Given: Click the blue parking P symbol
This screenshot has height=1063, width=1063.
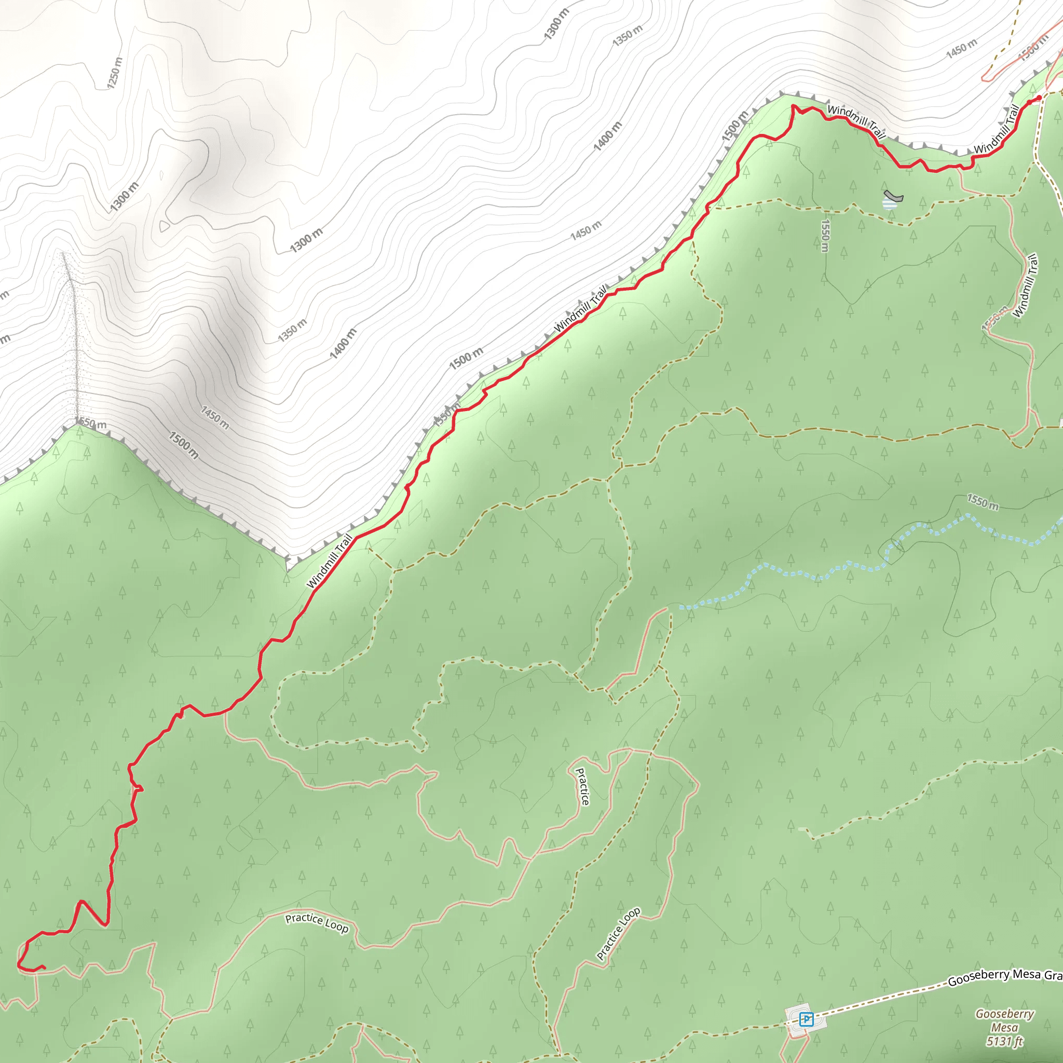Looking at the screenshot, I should click(x=807, y=1019).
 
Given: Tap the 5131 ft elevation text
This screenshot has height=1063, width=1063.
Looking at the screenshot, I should click(x=1005, y=1041).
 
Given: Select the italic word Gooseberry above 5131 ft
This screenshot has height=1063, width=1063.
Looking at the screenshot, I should click(x=1005, y=1014).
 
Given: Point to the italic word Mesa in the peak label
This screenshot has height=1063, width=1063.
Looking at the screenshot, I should click(x=1005, y=1027).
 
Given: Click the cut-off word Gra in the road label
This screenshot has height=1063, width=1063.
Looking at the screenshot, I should click(x=1053, y=974).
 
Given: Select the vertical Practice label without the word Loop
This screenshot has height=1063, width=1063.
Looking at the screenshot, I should click(x=582, y=787).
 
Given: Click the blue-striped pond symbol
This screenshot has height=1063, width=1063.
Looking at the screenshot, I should click(x=888, y=204).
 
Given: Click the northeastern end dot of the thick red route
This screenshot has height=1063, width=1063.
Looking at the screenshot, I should click(x=1039, y=98).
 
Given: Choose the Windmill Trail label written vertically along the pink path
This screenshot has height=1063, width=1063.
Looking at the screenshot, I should click(x=1026, y=285).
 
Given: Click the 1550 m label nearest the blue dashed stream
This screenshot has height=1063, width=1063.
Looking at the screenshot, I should click(x=983, y=501).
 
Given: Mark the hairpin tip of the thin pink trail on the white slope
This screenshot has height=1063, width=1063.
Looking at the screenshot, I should click(x=984, y=79).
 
